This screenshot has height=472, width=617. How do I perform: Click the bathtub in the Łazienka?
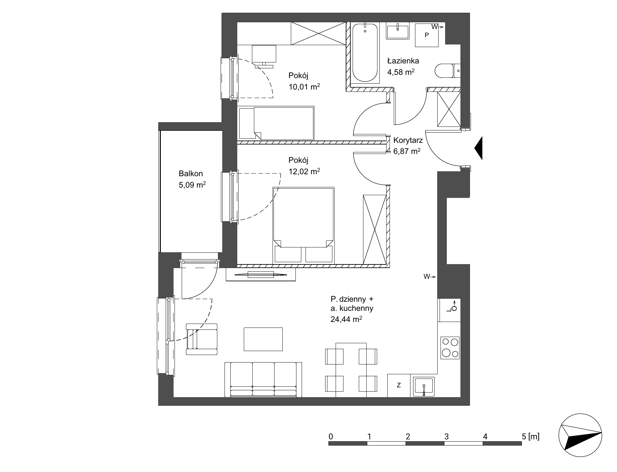click(365, 52)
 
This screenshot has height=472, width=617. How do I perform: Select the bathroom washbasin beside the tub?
click(398, 31)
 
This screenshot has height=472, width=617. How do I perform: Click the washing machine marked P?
click(427, 35)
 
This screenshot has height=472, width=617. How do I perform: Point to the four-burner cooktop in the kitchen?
click(450, 347)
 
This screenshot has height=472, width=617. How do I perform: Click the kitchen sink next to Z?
click(424, 386)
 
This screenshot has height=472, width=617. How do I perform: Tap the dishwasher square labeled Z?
click(399, 385)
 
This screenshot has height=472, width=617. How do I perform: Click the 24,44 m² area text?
click(346, 319)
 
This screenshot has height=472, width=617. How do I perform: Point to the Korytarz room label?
click(408, 141)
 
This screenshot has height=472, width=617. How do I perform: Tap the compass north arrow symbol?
click(580, 436)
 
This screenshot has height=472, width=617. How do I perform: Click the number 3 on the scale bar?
click(446, 436)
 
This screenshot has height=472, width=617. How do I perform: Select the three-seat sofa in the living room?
click(263, 379)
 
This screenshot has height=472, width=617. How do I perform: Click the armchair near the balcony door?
click(201, 339)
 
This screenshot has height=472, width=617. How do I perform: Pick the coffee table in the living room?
click(263, 339)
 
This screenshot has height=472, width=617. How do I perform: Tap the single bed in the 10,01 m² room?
click(276, 123)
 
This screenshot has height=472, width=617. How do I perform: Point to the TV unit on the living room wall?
click(261, 275)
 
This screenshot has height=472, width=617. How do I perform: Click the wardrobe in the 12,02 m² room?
click(375, 229)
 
